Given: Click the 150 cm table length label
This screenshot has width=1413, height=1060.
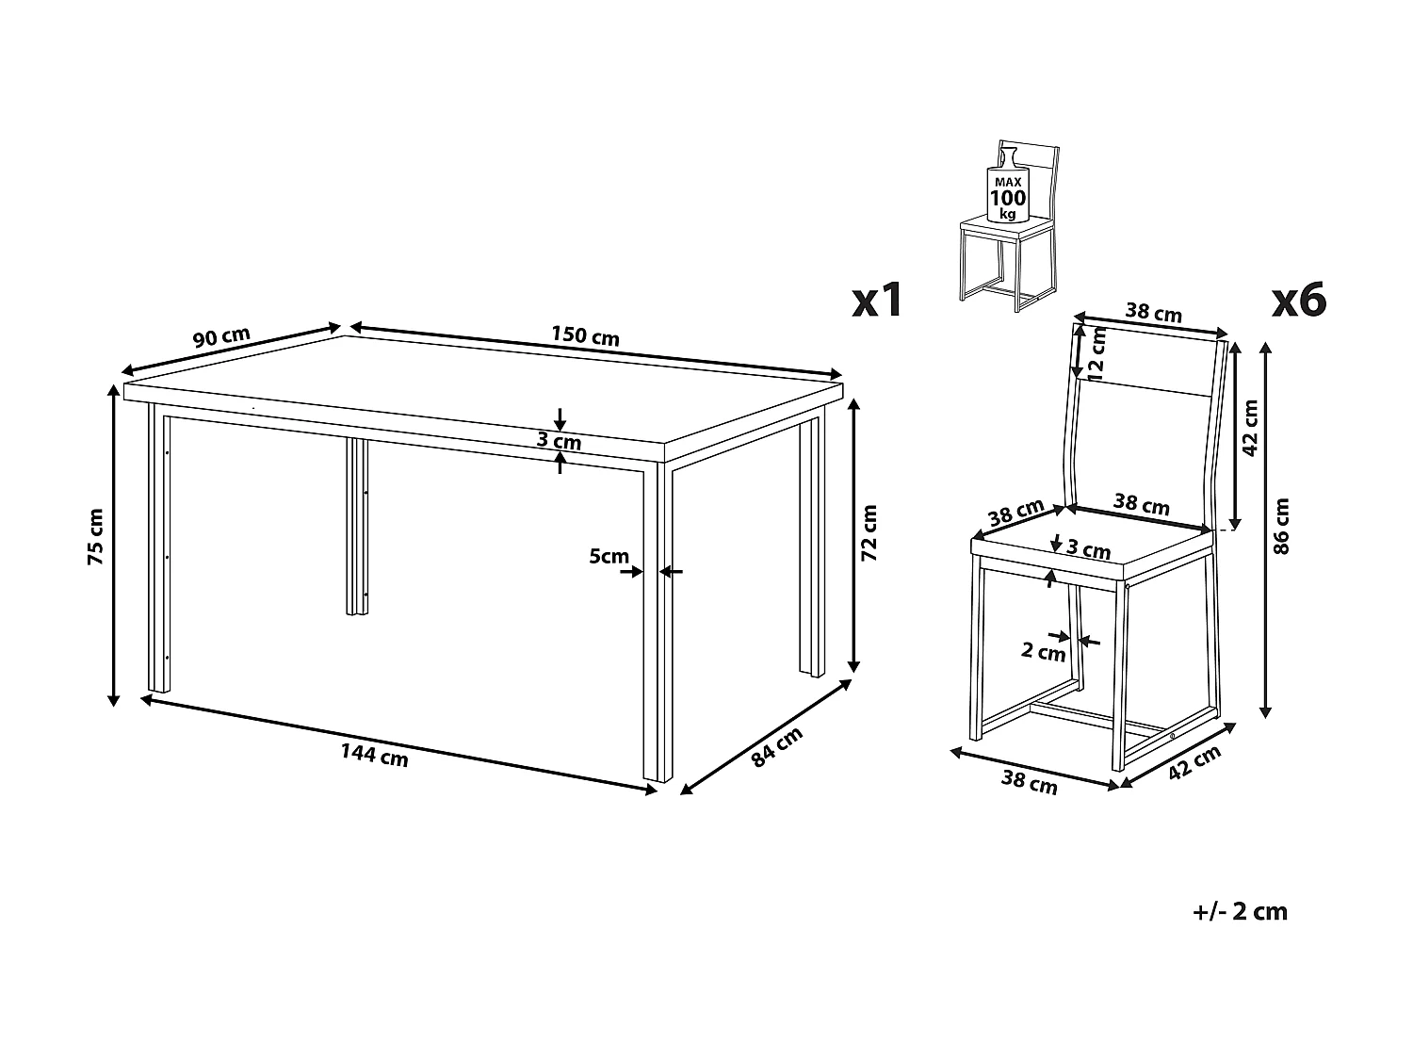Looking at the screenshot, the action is (x=585, y=336).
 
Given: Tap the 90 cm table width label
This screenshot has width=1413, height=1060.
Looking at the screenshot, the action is (x=221, y=336).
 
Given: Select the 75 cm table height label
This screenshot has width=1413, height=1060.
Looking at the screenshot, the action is (x=95, y=537).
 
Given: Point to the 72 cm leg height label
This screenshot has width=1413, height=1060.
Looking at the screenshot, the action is (x=869, y=532).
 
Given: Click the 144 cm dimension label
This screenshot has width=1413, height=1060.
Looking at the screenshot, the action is (x=374, y=755).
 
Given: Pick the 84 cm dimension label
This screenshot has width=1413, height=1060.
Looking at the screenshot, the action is (x=777, y=746).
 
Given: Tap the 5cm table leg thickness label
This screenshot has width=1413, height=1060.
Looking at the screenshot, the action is (x=609, y=556).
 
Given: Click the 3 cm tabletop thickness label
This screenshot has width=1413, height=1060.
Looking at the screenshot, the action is (x=559, y=441).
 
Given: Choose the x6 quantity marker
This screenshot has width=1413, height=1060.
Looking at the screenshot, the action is (x=1299, y=300).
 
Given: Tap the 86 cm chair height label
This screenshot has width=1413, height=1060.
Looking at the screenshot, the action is (x=1282, y=526).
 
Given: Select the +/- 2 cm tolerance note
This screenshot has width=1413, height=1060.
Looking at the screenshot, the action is (x=1240, y=912).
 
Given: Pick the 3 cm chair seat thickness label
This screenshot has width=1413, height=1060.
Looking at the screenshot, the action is (x=1089, y=549).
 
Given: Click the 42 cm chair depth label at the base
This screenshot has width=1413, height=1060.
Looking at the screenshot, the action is (x=1194, y=763).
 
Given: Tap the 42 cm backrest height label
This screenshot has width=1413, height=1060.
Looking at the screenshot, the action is (x=1249, y=428).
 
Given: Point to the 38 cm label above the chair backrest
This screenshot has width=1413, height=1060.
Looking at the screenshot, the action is (x=1154, y=312).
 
